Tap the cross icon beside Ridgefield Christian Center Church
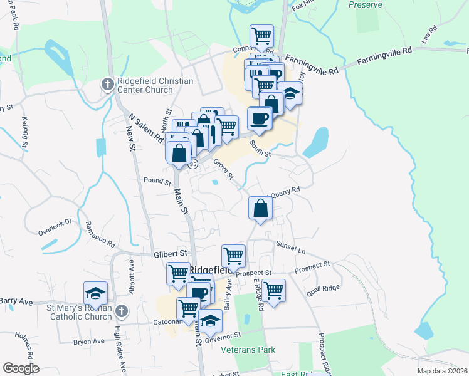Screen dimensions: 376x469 (x=107, y=83)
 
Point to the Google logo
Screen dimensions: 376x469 (x=21, y=368)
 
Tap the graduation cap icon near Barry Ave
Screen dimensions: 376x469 (x=95, y=293)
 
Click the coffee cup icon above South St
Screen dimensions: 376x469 (x=259, y=118)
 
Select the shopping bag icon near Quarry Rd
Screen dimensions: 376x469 (x=260, y=208)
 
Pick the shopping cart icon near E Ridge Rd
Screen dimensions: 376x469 (x=273, y=290)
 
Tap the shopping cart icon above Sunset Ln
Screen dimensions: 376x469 (x=233, y=255)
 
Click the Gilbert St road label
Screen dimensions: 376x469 (x=171, y=254)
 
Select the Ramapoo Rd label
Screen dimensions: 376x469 (x=101, y=234)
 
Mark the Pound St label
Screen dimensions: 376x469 (x=157, y=182)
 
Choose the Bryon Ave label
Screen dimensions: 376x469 (x=88, y=342)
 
